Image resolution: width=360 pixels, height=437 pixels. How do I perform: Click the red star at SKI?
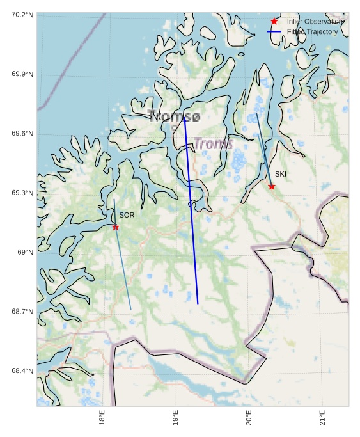[x=272, y=186]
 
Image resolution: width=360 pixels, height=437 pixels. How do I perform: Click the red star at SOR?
[x=116, y=227]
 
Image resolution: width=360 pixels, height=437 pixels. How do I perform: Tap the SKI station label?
[x=281, y=174]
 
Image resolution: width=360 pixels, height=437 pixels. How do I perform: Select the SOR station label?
[x=127, y=216]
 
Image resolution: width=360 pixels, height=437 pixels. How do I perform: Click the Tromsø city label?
[x=174, y=116]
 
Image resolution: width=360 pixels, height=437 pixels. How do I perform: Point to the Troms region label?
[x=213, y=144]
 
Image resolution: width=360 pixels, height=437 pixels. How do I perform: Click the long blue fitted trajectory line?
[x=191, y=211]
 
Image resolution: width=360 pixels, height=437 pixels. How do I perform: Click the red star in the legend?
[x=274, y=22]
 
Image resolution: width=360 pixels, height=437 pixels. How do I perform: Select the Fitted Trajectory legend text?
[x=313, y=31]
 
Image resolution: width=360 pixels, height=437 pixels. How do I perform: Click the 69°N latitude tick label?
[x=24, y=253]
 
